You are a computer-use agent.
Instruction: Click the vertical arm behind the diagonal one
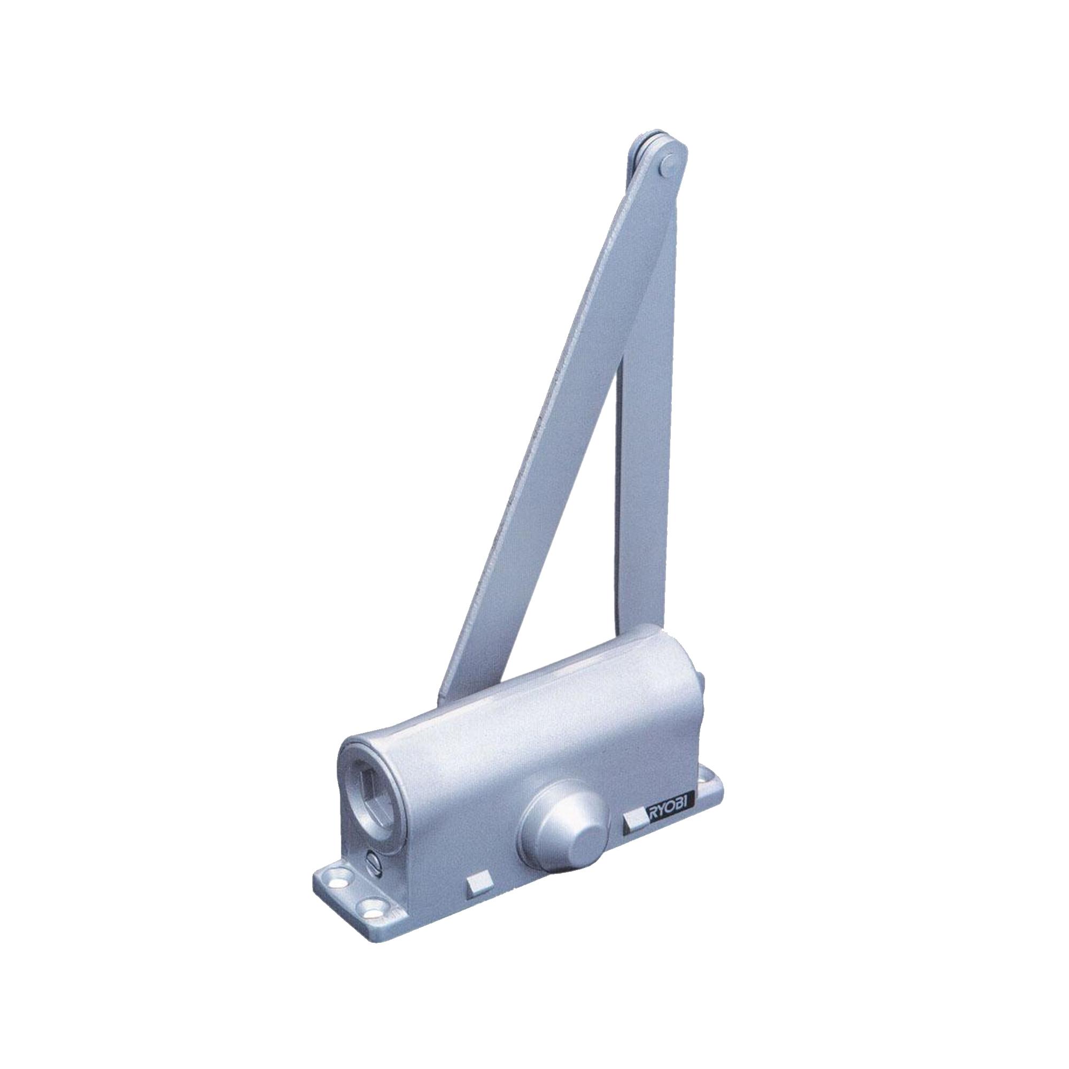642,443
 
